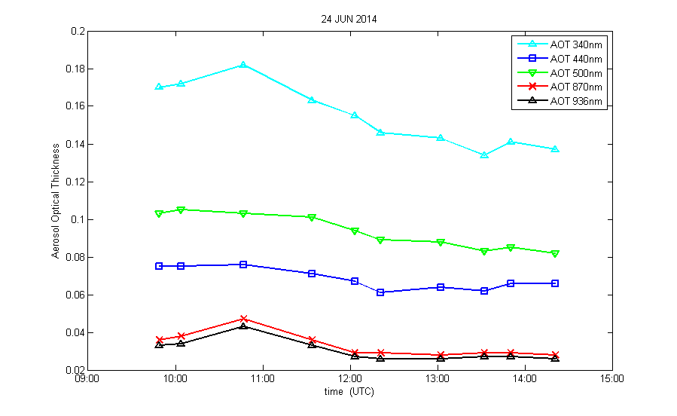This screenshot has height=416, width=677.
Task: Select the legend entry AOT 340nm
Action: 576,44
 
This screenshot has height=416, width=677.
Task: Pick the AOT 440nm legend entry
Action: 576,59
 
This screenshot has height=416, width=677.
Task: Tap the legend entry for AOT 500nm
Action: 576,73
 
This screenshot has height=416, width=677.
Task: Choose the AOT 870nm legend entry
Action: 576,87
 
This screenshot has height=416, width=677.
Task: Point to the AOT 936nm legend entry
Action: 576,101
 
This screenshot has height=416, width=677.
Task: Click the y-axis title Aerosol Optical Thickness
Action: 56,200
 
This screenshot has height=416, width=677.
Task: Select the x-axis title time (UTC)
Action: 349,392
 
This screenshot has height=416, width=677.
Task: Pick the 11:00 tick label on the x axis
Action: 262,380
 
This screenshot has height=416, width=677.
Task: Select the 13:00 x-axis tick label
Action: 437,380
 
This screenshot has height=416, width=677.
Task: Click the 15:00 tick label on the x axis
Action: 611,380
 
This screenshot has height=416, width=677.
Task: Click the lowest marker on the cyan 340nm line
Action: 484,155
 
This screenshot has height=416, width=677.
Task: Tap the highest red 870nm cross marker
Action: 243,319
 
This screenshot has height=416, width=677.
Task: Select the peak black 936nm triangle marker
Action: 243,326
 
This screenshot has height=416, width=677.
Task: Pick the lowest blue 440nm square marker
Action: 380,292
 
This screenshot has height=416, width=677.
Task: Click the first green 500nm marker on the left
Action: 159,214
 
